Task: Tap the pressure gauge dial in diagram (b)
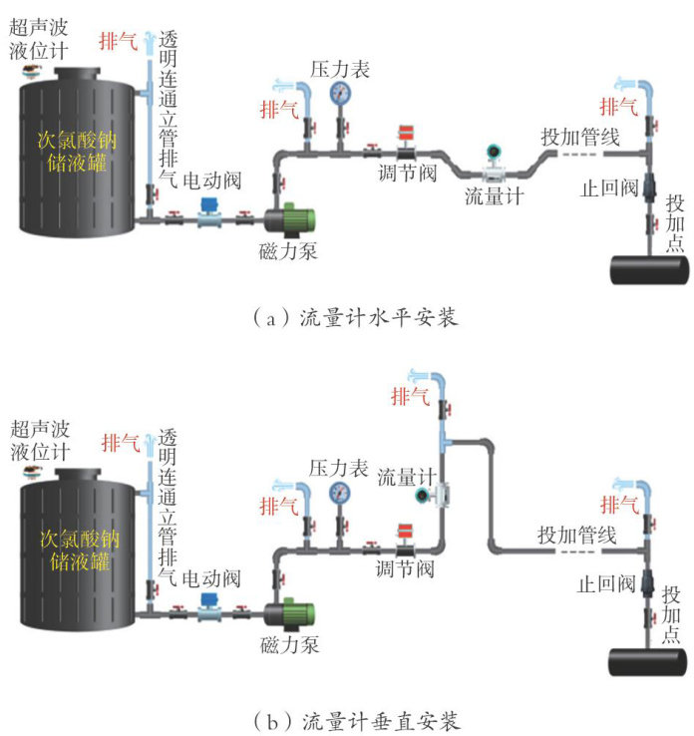(x=341, y=492)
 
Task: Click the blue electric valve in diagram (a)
(x=209, y=211)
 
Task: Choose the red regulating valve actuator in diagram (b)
(x=405, y=531)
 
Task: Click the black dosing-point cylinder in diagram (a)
(x=649, y=270)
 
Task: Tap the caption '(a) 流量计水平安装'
(x=349, y=317)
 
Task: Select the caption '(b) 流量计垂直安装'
(x=349, y=716)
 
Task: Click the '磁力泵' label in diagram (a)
(x=288, y=250)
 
